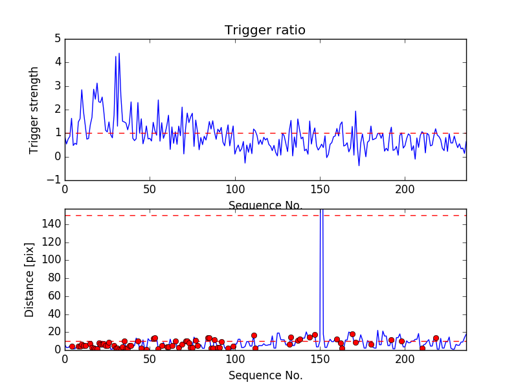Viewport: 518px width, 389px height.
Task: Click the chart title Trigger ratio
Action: click(x=265, y=30)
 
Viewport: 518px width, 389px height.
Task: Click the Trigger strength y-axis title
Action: click(x=34, y=110)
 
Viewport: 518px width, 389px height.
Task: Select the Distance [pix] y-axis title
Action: click(x=30, y=285)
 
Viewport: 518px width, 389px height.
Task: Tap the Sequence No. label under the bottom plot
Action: click(x=265, y=375)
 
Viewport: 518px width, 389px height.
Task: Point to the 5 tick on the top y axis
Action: click(x=57, y=39)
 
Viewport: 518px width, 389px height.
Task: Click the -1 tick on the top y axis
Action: click(x=54, y=180)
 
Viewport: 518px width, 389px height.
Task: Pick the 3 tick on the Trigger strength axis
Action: click(x=57, y=86)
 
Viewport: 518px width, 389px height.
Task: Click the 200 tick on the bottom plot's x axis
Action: click(x=405, y=359)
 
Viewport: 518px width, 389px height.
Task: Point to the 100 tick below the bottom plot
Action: click(x=234, y=359)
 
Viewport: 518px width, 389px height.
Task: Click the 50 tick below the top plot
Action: click(x=150, y=190)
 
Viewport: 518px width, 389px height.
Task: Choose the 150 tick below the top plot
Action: click(x=320, y=190)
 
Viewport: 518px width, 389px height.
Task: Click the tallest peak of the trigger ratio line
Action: click(x=119, y=53)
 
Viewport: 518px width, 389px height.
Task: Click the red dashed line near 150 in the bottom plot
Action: click(x=194, y=215)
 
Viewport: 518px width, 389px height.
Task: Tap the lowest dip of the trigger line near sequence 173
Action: click(x=359, y=165)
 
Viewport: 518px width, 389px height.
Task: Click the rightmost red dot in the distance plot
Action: click(x=436, y=338)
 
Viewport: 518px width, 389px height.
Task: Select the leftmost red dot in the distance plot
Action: click(x=72, y=347)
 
